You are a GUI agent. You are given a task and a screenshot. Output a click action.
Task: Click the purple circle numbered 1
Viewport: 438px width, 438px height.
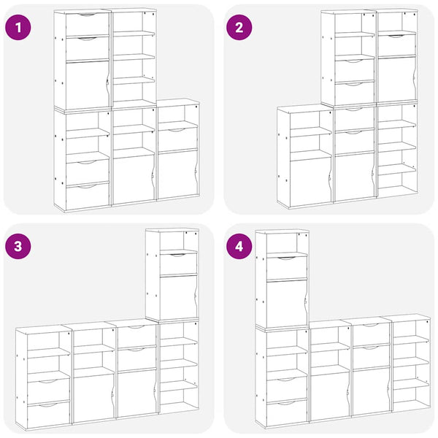pyautogui.click(x=18, y=28)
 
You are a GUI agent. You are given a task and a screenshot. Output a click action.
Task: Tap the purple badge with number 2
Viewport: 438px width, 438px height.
pyautogui.click(x=239, y=28)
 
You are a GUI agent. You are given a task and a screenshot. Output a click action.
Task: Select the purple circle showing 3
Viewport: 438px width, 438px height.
pyautogui.click(x=18, y=246)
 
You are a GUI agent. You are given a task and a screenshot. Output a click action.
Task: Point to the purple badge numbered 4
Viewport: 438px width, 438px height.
pyautogui.click(x=239, y=246)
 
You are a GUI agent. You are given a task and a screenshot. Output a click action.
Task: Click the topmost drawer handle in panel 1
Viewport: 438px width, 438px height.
pyautogui.click(x=87, y=15)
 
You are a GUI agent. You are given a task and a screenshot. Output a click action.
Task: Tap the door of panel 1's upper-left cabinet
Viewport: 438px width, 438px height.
pyautogui.click(x=87, y=85)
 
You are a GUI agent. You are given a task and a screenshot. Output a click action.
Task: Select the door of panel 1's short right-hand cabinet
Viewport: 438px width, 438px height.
pyautogui.click(x=177, y=174)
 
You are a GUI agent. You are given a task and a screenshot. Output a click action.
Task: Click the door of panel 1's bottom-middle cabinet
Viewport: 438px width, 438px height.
pyautogui.click(x=134, y=178)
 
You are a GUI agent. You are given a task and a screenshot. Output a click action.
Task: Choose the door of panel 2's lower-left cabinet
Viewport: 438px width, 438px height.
pyautogui.click(x=310, y=182)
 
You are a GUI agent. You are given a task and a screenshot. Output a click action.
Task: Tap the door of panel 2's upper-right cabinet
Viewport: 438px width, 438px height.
pyautogui.click(x=396, y=80)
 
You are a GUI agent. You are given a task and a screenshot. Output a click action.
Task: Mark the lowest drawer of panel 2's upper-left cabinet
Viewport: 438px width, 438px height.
pyautogui.click(x=355, y=93)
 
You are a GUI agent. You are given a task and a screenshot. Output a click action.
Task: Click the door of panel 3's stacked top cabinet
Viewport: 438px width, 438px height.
pyautogui.click(x=178, y=296)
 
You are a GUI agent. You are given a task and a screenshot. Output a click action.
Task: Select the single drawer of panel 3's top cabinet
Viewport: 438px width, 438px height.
pyautogui.click(x=178, y=263)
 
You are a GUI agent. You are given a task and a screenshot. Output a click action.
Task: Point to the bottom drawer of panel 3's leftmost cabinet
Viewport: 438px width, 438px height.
pyautogui.click(x=49, y=415)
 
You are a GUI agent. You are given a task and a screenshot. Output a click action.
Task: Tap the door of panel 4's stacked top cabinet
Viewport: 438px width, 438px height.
pyautogui.click(x=287, y=302)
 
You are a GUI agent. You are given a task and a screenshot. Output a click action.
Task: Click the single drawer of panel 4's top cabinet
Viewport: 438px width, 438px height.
pyautogui.click(x=287, y=266)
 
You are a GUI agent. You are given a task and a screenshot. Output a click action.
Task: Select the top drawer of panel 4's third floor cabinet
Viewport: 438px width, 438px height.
pyautogui.click(x=371, y=334)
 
